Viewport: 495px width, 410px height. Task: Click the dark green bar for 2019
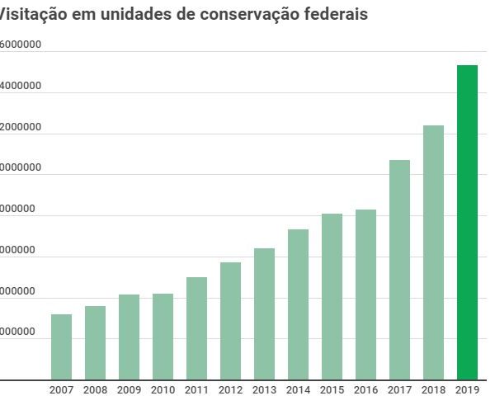pos(467,223)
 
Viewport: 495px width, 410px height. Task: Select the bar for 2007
pos(61,346)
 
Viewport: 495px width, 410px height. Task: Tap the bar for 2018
pos(433,252)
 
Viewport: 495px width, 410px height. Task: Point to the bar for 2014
pos(298,304)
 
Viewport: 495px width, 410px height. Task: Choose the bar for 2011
pos(196,328)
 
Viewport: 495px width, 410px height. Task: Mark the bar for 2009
pos(129,337)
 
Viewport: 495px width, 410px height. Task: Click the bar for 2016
pos(365,295)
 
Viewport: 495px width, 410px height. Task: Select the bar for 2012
pos(230,321)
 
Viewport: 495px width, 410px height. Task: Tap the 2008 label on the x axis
pos(95,390)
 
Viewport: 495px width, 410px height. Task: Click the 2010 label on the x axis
pos(163,390)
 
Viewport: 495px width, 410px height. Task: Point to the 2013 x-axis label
pos(264,390)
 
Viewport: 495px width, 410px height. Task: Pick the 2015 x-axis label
pos(332,390)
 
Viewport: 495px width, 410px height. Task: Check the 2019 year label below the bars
pos(467,390)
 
